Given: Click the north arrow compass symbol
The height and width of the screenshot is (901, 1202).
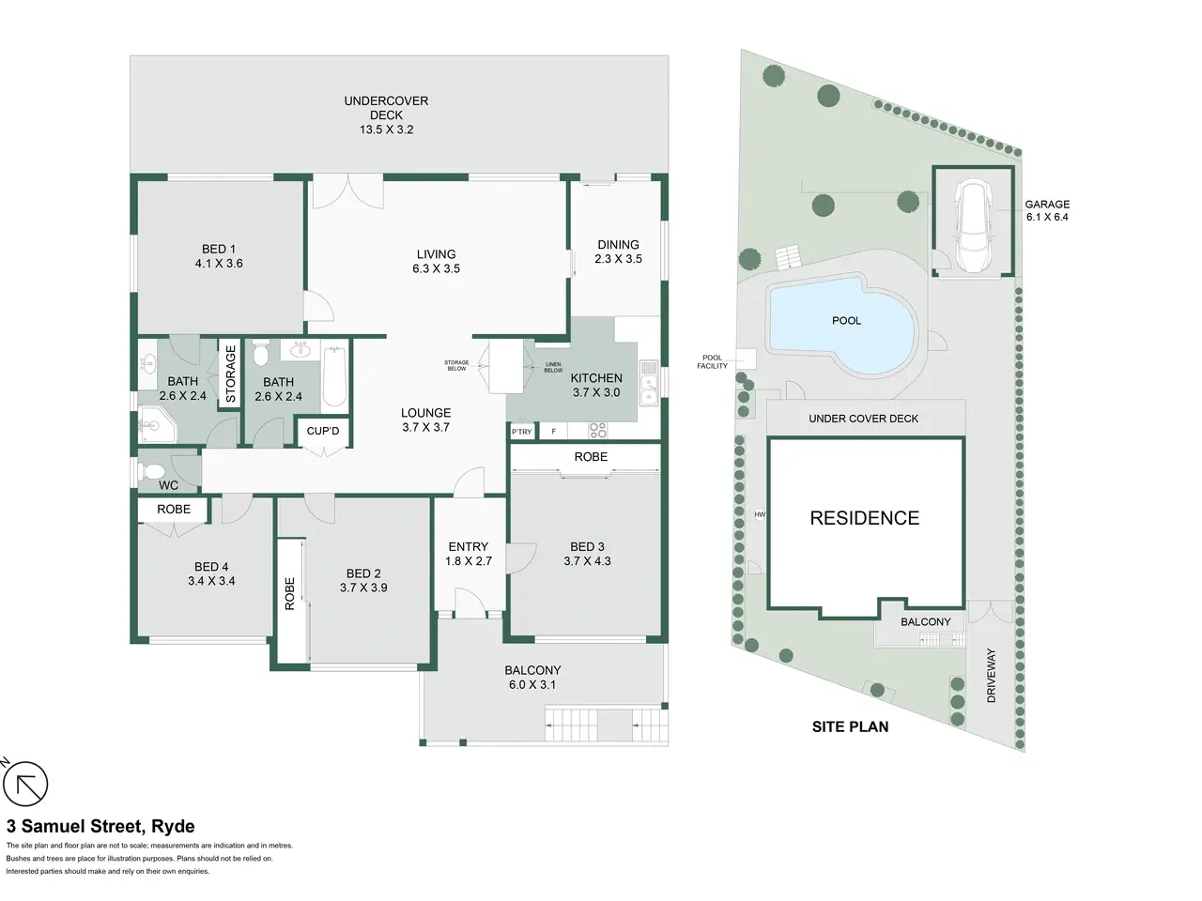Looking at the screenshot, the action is coord(24,784).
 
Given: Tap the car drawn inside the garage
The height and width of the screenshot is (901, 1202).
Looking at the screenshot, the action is coord(972,225).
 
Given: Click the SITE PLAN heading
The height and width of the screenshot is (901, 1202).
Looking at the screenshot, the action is coord(850,726).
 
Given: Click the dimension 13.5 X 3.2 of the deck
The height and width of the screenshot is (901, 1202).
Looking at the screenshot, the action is coord(386,130).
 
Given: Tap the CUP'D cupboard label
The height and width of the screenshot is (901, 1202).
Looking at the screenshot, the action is coord(322,431).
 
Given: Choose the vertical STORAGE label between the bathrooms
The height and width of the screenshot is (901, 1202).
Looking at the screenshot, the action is coord(231,374).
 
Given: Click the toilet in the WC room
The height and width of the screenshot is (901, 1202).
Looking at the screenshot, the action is coord(153,471).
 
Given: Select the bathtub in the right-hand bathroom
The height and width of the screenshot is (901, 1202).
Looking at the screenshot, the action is coord(334,376).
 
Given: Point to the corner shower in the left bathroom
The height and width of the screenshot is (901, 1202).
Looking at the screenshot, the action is coord(157,423).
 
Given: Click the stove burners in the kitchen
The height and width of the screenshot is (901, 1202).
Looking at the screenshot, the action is coord(597,431).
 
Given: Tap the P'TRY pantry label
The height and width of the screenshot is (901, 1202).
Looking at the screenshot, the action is coord(521,432).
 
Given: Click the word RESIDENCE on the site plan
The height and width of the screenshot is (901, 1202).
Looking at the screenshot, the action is coord(864,518).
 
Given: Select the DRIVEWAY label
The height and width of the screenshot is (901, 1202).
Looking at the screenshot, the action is coord(991,676).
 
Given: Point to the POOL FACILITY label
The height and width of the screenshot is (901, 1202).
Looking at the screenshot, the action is coord(712,361).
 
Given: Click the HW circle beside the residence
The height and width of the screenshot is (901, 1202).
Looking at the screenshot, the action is coord(760,514).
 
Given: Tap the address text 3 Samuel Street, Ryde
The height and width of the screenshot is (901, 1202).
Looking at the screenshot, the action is coord(100,826).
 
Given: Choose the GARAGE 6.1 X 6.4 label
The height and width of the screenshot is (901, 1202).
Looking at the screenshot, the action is coord(1047,210).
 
